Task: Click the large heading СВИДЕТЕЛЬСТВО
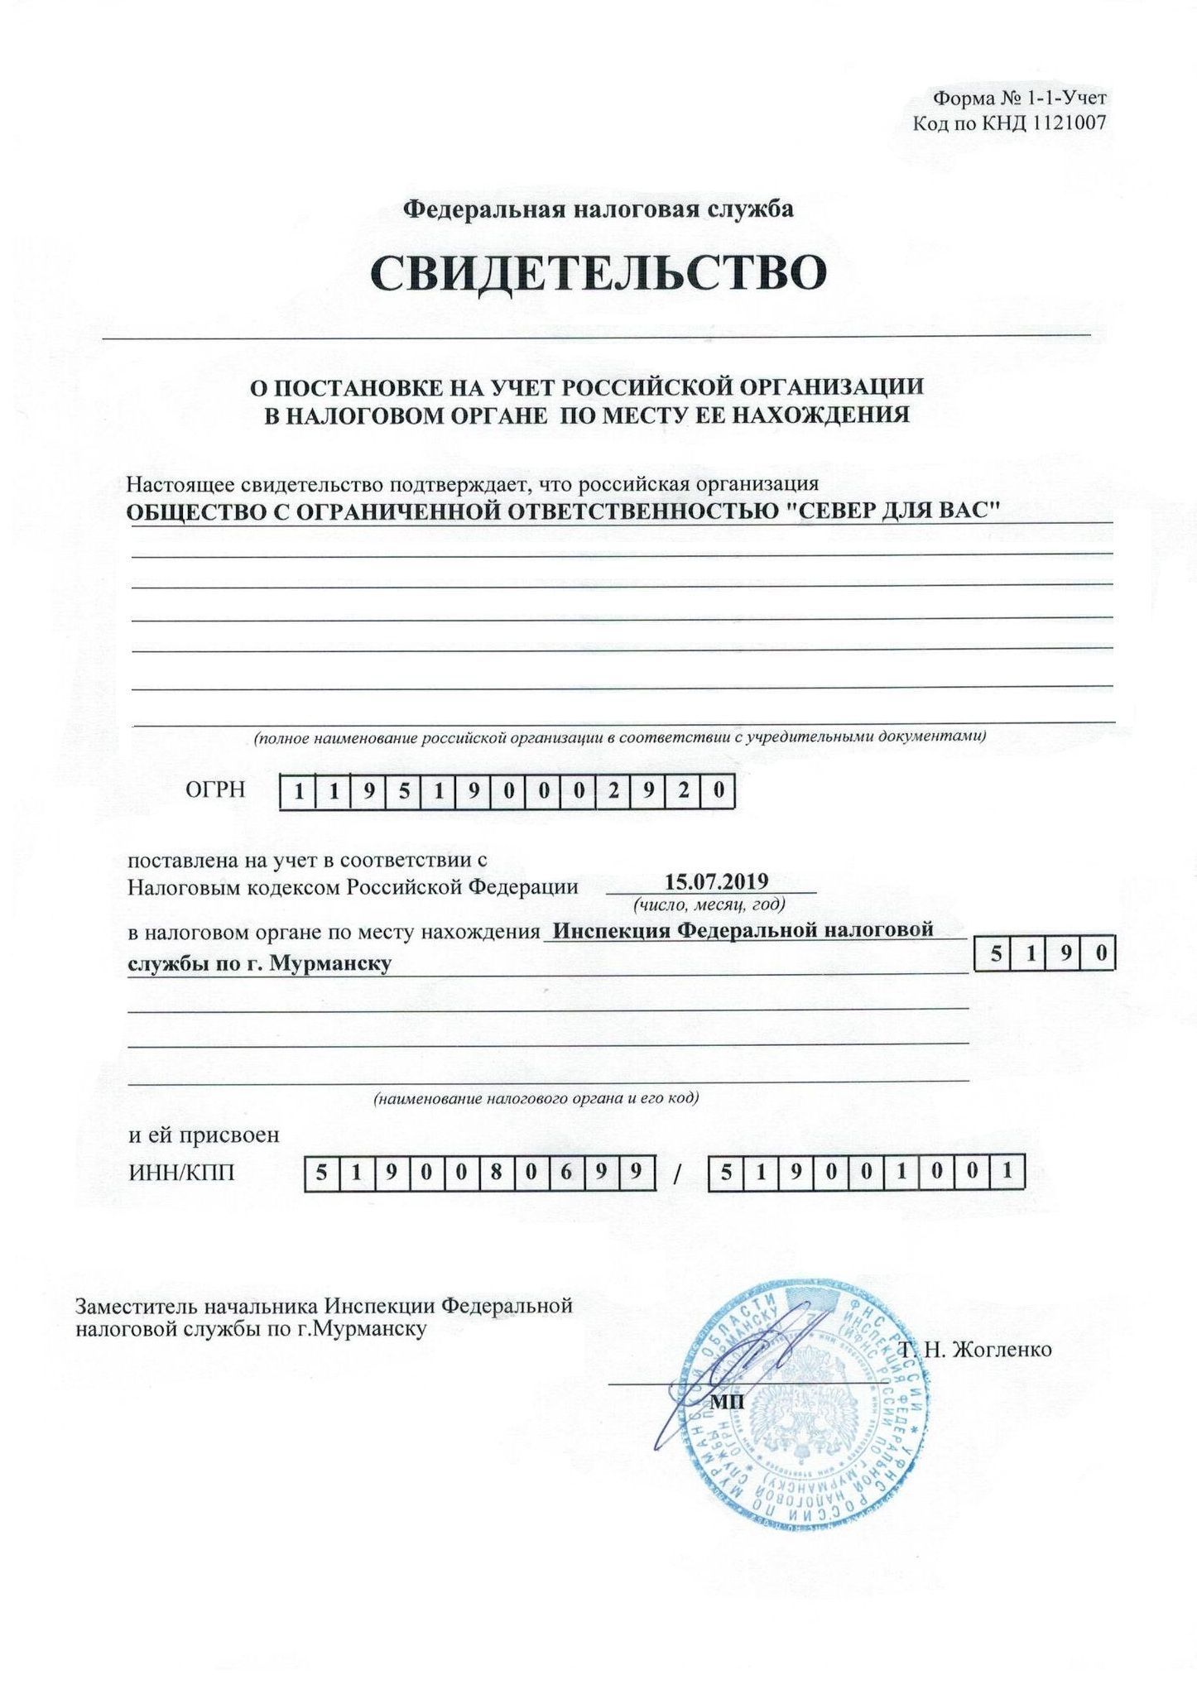coord(598,272)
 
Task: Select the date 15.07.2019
coord(717,881)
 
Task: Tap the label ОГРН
coord(215,789)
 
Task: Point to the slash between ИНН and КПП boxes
coord(677,1174)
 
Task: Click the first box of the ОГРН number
coord(297,792)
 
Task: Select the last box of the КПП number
coord(1007,1173)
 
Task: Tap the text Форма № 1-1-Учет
coord(1020,98)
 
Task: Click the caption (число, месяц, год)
coord(709,904)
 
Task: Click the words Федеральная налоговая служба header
coord(598,209)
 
